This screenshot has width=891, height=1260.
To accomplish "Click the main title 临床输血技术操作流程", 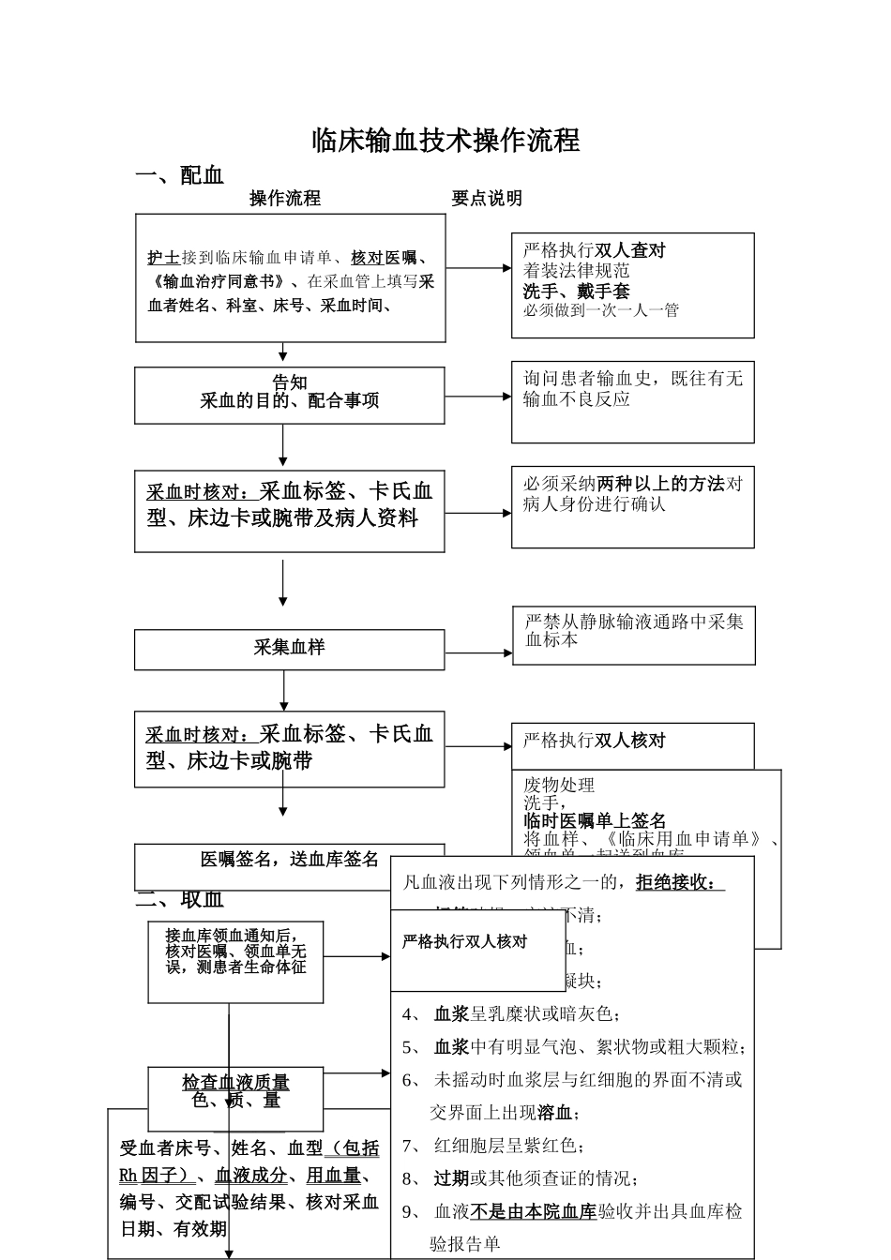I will pos(445,141).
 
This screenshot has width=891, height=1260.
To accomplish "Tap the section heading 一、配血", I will pos(180,175).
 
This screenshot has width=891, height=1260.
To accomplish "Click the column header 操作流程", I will pos(285,199).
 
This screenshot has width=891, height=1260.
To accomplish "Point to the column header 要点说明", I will pos(487,199).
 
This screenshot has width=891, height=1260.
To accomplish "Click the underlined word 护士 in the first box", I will pos(163,258).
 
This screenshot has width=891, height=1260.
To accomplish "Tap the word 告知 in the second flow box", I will pos(289,382).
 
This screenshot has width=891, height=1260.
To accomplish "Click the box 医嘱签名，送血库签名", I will pos(289,860).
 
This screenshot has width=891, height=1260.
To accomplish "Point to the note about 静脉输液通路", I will pos(633,630).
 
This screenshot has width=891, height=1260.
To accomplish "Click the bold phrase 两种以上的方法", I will pos(661,484).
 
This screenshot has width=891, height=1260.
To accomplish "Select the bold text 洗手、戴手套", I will pos(577,292).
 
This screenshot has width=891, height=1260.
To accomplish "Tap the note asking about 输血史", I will pos(632,388).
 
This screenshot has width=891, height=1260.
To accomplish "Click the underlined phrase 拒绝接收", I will pos(675,882).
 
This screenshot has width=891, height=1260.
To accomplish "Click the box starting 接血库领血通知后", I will pos(235,951).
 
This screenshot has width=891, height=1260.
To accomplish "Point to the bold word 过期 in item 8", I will pos(451,1178).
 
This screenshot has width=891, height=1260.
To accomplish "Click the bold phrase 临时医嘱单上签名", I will pos(595,821).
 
